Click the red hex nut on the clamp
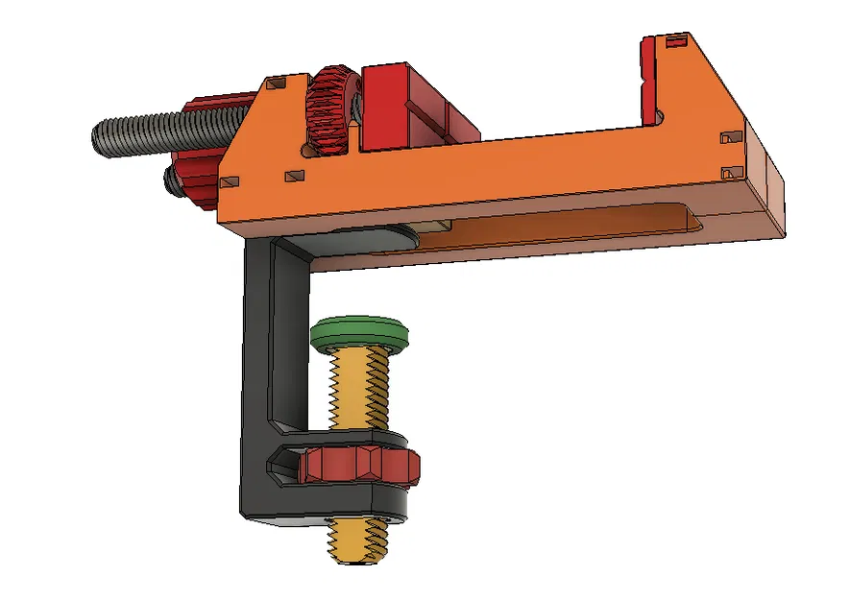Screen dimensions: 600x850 360,466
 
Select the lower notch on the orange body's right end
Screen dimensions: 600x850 732,173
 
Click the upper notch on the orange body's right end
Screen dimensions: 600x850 733,139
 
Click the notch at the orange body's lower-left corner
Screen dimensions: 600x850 229,182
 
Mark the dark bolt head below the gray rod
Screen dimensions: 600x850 171,179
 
